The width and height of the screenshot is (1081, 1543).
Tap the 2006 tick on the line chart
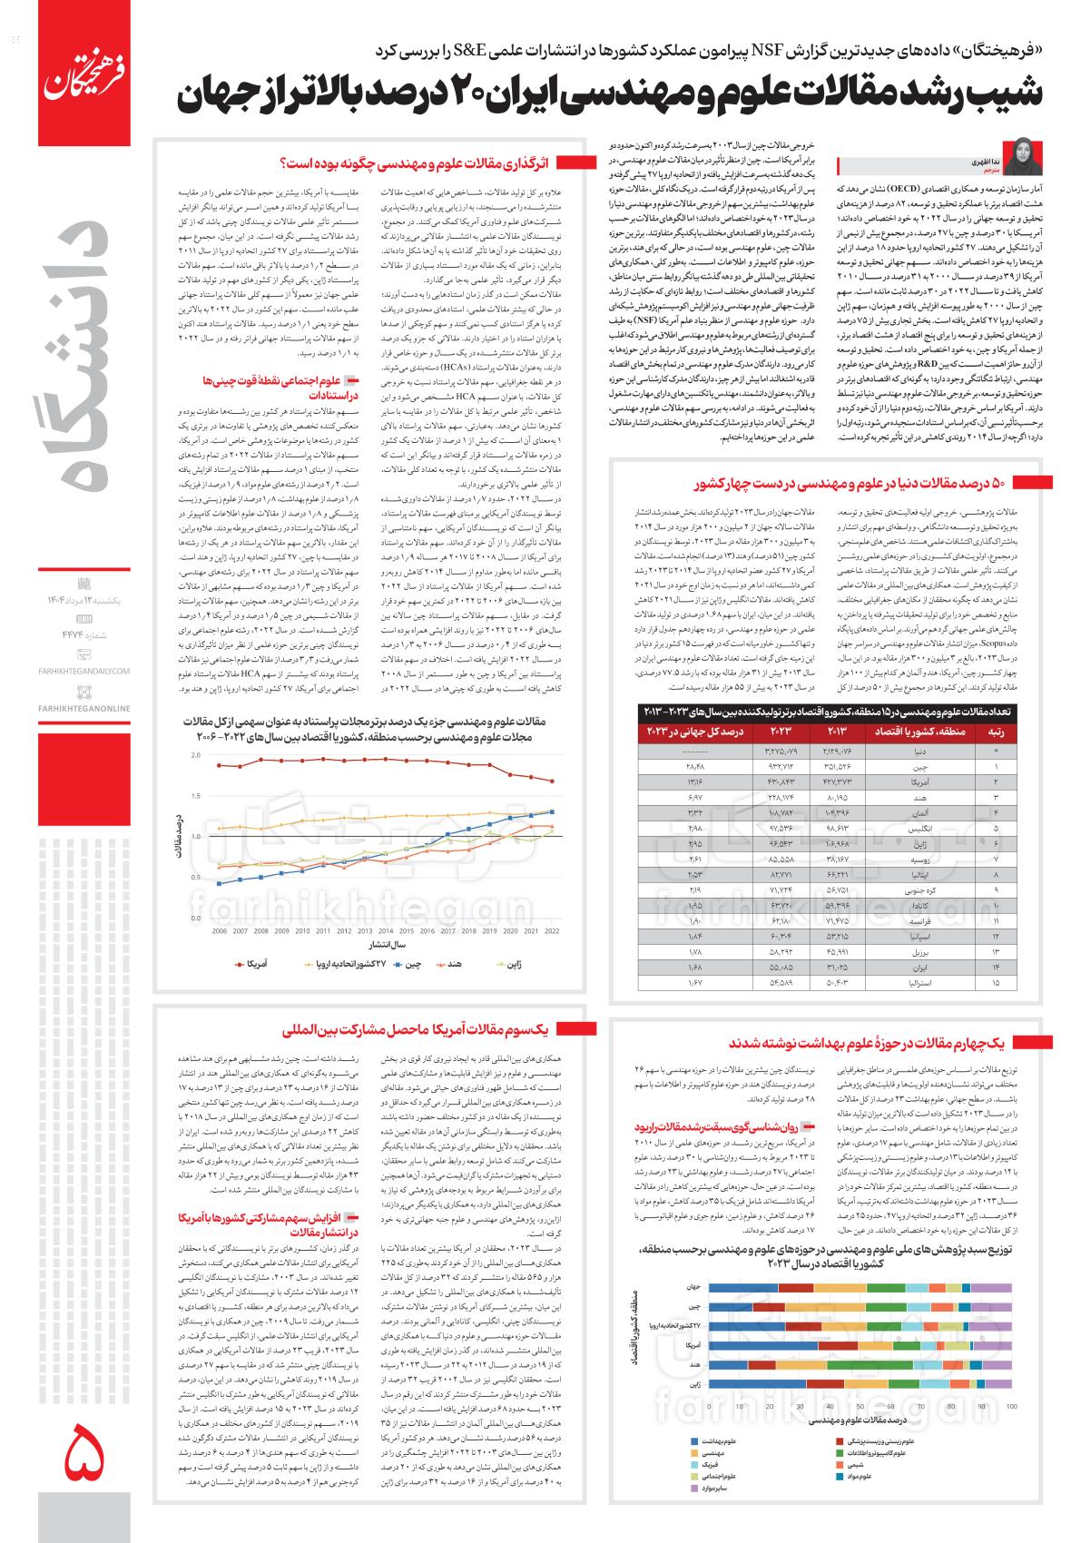point(220,931)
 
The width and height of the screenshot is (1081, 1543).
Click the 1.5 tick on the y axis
point(196,794)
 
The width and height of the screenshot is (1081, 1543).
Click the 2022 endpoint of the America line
point(552,781)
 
